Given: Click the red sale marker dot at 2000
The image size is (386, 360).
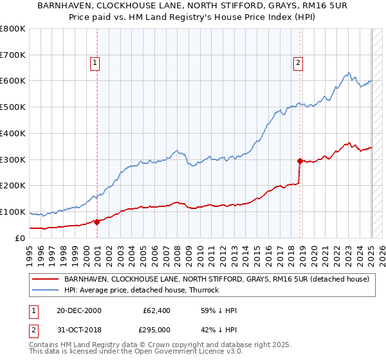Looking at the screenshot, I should pos(97,222).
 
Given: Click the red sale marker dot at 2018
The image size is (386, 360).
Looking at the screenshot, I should pos(300,161).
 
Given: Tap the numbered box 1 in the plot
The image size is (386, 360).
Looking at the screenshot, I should pos(95,62).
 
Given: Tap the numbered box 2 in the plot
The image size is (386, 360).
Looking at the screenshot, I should pos(299,62).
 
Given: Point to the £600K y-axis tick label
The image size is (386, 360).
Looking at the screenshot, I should pos(12,81).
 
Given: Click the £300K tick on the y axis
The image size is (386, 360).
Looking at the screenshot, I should pos(12,159).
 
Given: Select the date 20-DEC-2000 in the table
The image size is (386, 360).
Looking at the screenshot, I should pos(75,310).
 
